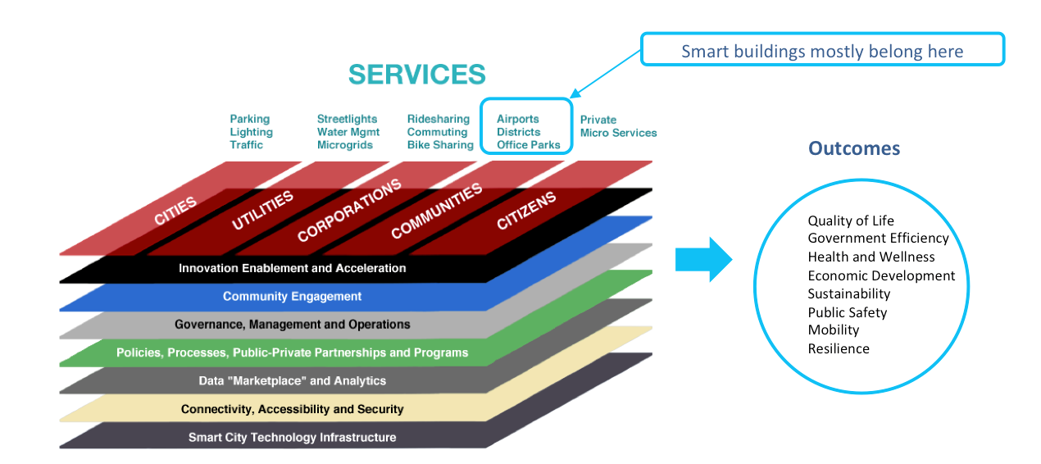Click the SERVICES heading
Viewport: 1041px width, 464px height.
[x=417, y=75]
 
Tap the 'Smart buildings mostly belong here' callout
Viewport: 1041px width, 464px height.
[x=822, y=49]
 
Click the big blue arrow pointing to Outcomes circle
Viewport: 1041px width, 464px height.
[x=703, y=259]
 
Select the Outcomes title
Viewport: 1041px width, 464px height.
[x=854, y=148]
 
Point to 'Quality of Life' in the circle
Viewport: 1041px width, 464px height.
[x=851, y=221]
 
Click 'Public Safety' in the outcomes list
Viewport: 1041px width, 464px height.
[x=848, y=312]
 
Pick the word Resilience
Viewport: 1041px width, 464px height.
[x=839, y=348]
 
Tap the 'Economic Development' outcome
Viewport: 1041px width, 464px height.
[x=881, y=275]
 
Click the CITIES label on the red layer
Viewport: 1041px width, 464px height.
[x=175, y=211]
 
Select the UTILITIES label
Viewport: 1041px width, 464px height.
[x=262, y=210]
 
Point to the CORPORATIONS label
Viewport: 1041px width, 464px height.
[x=349, y=210]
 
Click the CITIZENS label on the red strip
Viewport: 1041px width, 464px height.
[x=526, y=210]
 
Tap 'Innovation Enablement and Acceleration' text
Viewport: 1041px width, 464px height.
[x=293, y=268]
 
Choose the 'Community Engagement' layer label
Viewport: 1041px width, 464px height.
[x=293, y=296]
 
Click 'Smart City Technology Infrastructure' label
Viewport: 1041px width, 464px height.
[x=293, y=438]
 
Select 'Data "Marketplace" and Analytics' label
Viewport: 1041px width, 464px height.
[x=293, y=380]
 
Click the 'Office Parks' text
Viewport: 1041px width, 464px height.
[x=529, y=145]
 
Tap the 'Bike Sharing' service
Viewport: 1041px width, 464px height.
[x=440, y=145]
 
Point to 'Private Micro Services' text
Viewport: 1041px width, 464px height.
[x=619, y=126]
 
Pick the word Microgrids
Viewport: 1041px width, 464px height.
[x=345, y=145]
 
